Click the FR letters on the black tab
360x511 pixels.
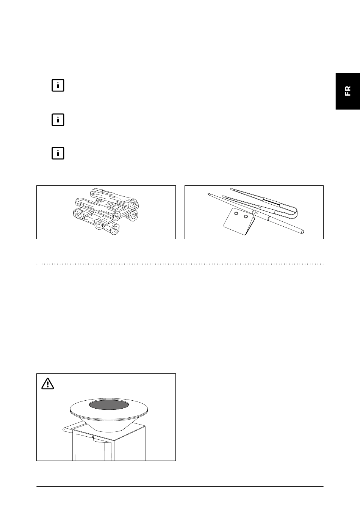(x=348, y=91)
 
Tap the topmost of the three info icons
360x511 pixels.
(x=58, y=85)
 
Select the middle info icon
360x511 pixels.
(x=58, y=120)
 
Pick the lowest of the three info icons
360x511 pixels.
(x=58, y=153)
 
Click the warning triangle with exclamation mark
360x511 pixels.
(x=47, y=384)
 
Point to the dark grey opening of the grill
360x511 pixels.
(x=109, y=404)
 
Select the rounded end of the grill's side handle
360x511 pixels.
(x=64, y=430)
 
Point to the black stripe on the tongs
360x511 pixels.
(x=271, y=201)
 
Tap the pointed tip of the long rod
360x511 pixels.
(x=209, y=194)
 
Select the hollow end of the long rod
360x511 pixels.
(x=302, y=232)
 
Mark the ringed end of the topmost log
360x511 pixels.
(x=133, y=204)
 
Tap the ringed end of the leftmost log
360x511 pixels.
(x=79, y=214)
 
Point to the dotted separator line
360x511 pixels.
(x=180, y=264)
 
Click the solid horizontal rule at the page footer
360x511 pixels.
(x=180, y=487)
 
